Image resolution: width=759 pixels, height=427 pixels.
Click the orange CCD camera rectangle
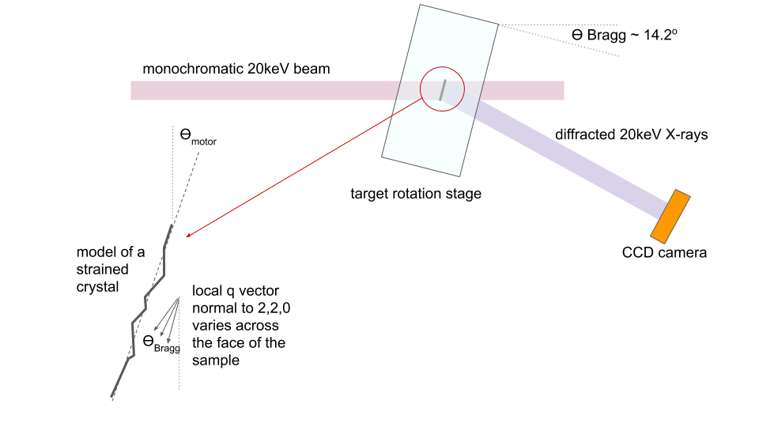(x=670, y=217)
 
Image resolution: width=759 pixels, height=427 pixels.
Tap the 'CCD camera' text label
(x=664, y=253)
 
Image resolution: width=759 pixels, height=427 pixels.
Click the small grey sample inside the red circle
(x=443, y=90)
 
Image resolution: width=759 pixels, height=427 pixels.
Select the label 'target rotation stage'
(x=416, y=194)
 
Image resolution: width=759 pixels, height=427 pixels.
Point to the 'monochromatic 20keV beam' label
(x=236, y=69)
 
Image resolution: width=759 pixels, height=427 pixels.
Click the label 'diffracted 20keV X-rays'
(x=631, y=134)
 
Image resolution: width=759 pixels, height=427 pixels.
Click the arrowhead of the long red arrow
(x=188, y=236)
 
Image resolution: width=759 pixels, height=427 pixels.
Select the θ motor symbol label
(x=198, y=136)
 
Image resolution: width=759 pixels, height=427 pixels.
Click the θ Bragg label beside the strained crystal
(x=161, y=344)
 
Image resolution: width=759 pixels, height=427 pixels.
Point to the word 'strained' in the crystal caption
(x=102, y=270)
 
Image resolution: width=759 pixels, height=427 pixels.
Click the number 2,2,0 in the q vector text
(x=274, y=308)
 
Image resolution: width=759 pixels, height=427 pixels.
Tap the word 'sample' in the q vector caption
(x=215, y=361)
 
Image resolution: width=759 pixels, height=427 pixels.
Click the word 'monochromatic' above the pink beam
(x=193, y=69)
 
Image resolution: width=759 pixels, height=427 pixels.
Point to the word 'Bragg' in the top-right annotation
(x=606, y=36)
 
